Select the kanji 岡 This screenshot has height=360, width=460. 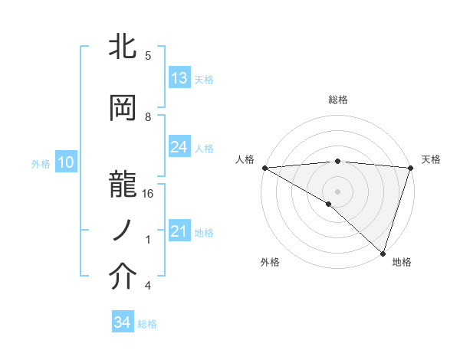click(123, 109)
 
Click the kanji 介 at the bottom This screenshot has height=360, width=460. click(123, 277)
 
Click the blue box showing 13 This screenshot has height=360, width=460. click(179, 78)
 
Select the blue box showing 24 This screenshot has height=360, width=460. click(179, 147)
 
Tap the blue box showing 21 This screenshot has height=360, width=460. click(179, 231)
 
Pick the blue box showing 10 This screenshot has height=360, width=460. click(65, 162)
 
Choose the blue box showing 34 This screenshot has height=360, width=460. click(123, 323)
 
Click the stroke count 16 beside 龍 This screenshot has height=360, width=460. click(148, 194)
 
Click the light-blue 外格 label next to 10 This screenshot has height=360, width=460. click(41, 163)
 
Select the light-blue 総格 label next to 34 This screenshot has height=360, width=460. click(147, 324)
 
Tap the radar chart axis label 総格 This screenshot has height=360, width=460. click(337, 100)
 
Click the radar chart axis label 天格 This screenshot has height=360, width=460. click(431, 159)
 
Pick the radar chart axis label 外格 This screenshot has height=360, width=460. click(270, 262)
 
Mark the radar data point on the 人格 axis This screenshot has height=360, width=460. click(264, 167)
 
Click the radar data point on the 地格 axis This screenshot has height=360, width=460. click(383, 253)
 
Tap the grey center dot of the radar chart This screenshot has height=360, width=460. click(337, 191)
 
